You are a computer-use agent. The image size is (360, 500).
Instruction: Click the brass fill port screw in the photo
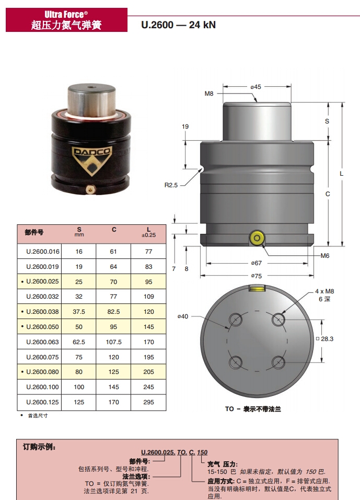(x=91, y=189)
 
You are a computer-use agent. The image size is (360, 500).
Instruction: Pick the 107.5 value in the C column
(x=114, y=342)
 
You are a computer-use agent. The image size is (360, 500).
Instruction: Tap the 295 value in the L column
(x=149, y=402)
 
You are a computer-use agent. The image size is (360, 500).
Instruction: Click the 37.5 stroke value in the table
(x=79, y=312)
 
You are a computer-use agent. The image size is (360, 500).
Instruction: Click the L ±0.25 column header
(x=149, y=232)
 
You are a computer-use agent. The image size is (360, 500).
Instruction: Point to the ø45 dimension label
(x=256, y=87)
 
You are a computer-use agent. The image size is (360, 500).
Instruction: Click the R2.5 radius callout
(x=171, y=185)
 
